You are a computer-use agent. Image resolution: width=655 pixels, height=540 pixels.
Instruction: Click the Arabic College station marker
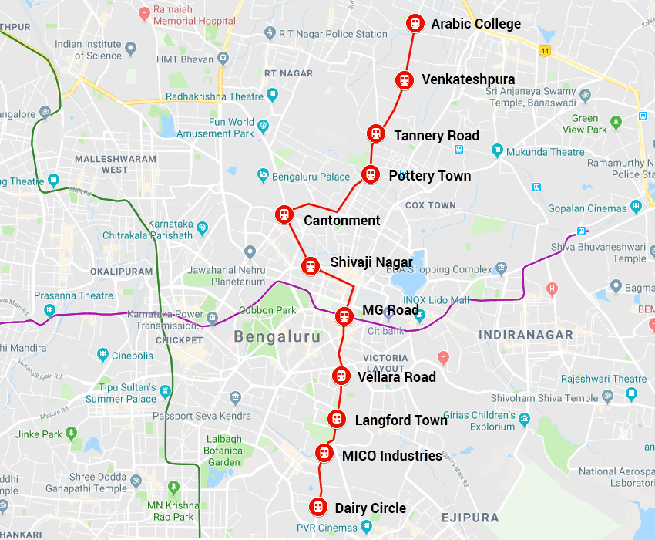[x=415, y=23]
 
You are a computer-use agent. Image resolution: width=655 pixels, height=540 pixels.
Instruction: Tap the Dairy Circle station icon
[x=317, y=508]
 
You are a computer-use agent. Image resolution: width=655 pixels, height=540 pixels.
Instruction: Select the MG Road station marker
[x=344, y=316]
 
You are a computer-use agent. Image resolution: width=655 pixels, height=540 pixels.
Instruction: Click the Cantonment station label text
[x=341, y=221]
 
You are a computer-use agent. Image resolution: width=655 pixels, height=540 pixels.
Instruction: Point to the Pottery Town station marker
[x=371, y=174]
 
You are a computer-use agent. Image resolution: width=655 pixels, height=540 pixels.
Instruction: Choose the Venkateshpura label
[x=468, y=79]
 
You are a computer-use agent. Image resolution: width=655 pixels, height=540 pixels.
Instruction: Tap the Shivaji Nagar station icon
[x=311, y=265]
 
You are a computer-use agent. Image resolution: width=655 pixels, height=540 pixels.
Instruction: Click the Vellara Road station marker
[x=341, y=376]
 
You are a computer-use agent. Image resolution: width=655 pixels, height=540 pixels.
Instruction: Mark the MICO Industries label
[x=391, y=456]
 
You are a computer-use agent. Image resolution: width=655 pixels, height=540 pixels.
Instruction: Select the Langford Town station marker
[x=336, y=419]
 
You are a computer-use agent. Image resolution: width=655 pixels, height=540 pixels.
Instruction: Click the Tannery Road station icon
[x=375, y=133]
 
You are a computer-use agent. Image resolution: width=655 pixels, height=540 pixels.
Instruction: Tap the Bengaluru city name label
[x=277, y=337]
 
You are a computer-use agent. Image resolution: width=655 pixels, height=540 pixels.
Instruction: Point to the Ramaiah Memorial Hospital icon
[x=144, y=14]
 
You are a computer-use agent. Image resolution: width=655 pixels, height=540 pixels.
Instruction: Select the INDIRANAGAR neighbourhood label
[x=526, y=335]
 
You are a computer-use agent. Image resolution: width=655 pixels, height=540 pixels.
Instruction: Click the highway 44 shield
[x=545, y=51]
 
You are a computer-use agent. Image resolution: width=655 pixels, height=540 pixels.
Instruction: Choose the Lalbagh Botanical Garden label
[x=224, y=451]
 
